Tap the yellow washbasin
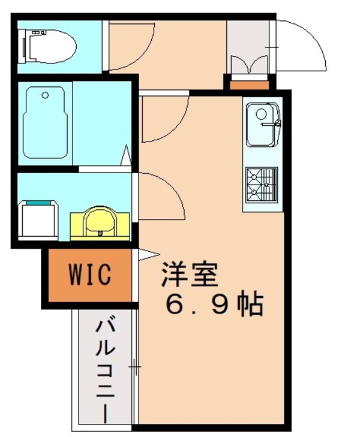tap(99, 222)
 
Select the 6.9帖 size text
tap(213, 305)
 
